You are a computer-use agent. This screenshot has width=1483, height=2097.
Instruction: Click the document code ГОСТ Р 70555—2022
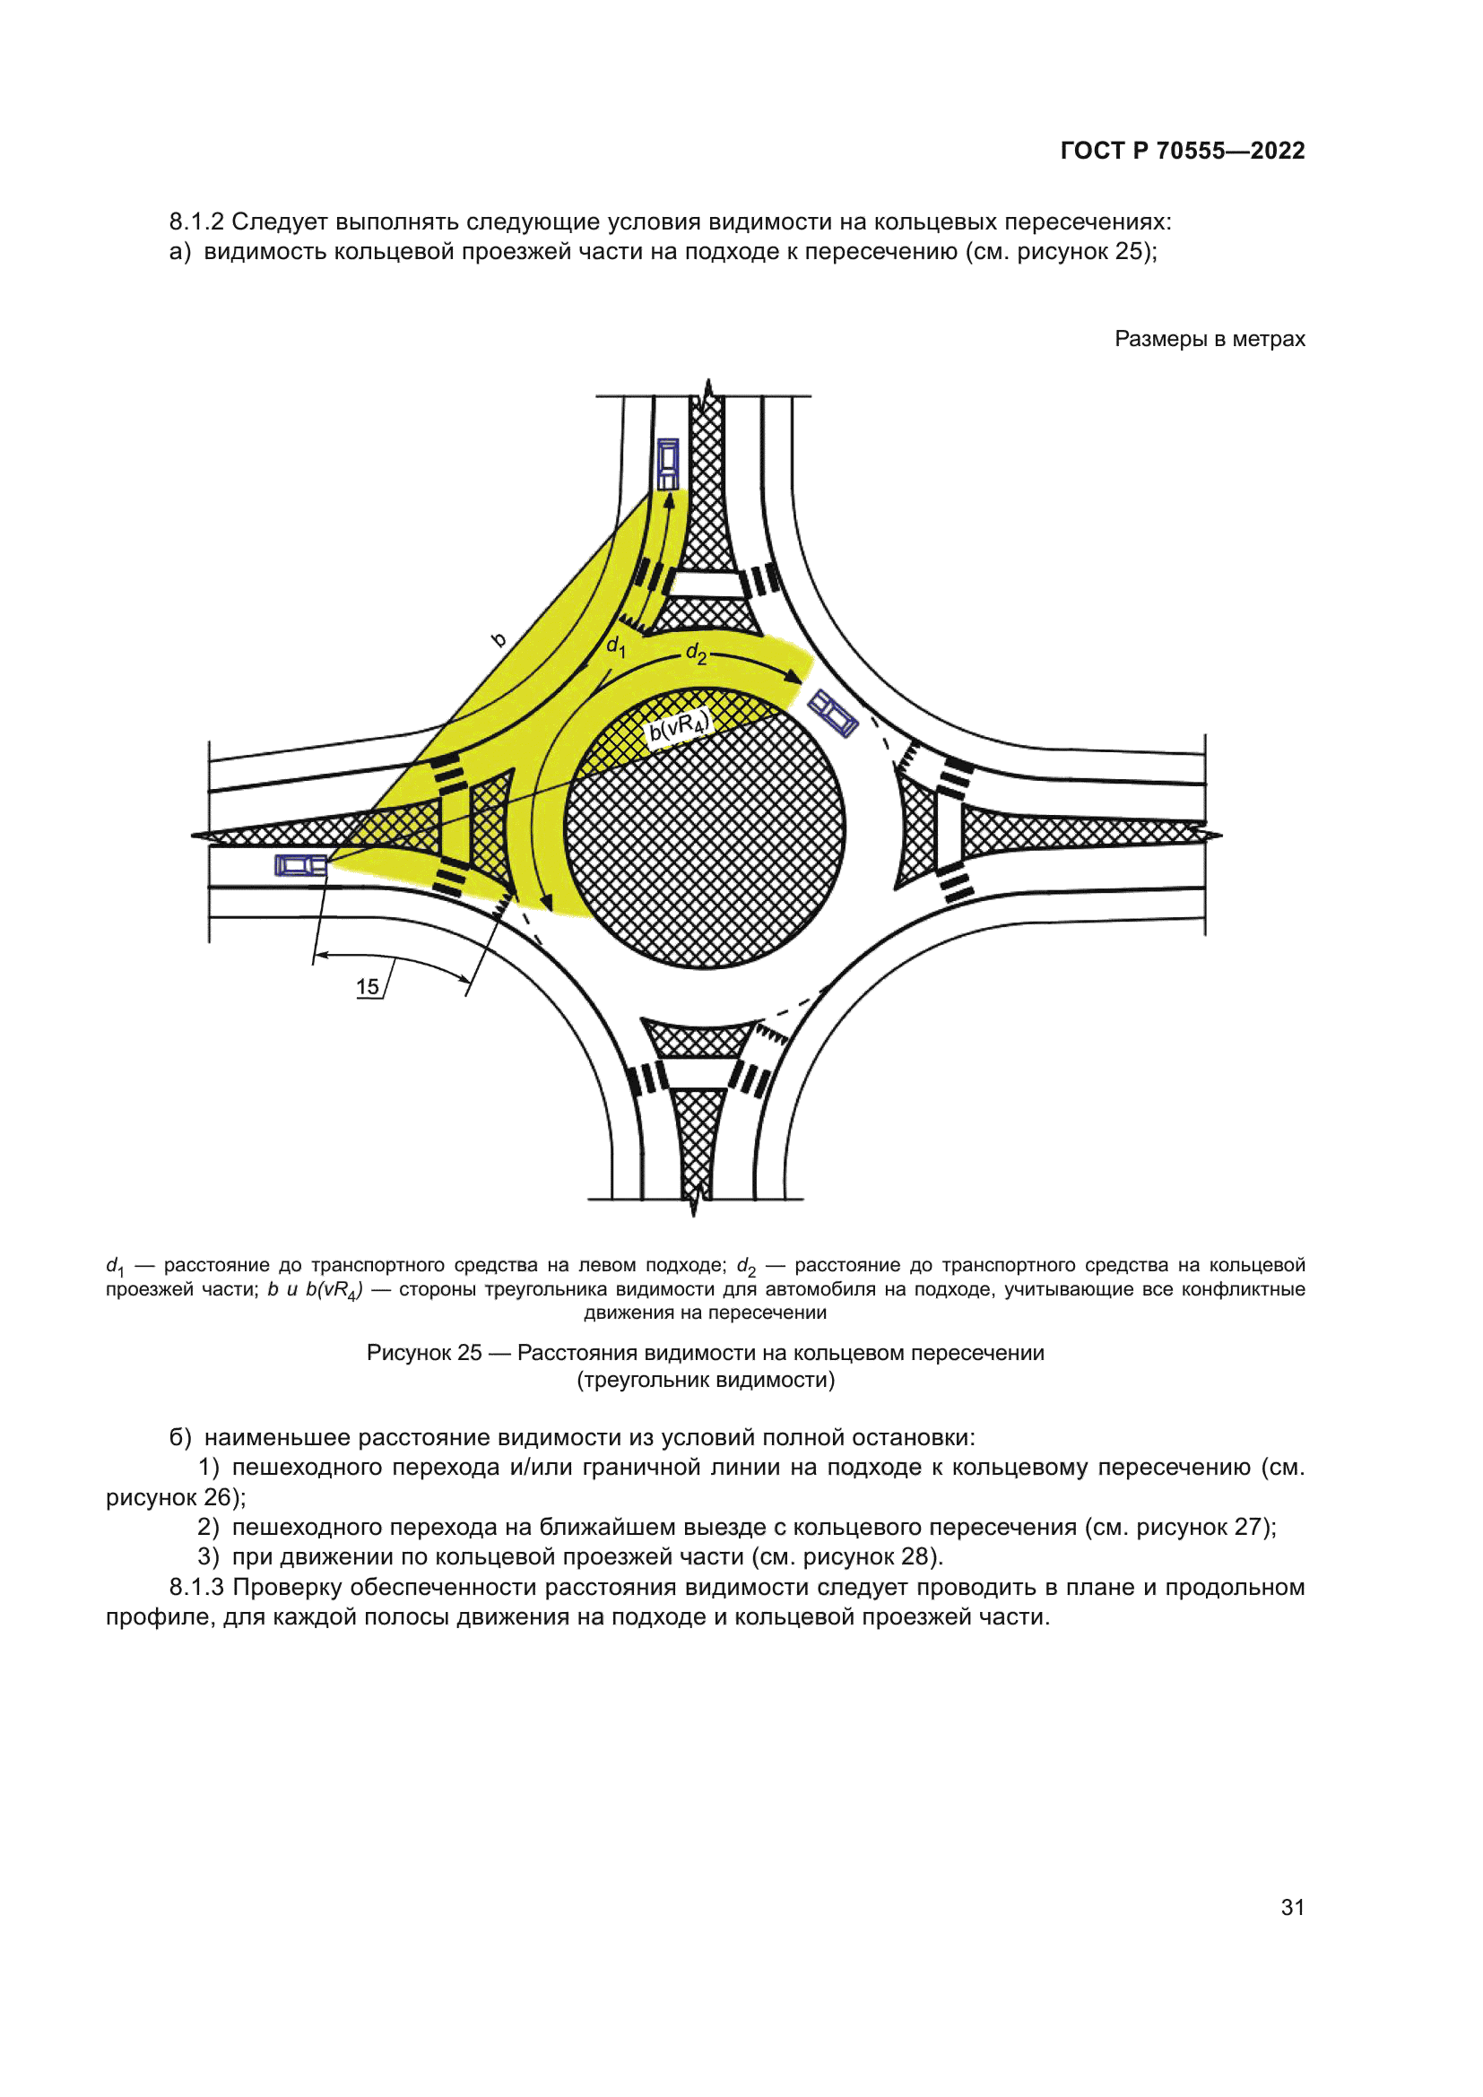pyautogui.click(x=1182, y=151)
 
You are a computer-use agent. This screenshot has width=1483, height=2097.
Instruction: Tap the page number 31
pyautogui.click(x=1292, y=1907)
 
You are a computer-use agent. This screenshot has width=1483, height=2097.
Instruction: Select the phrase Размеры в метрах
pyautogui.click(x=1209, y=339)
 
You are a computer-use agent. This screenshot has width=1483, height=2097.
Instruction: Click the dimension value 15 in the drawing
pyautogui.click(x=367, y=986)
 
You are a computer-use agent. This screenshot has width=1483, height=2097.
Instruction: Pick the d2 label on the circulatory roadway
pyautogui.click(x=696, y=653)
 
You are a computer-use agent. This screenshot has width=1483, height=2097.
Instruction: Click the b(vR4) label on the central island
pyautogui.click(x=678, y=728)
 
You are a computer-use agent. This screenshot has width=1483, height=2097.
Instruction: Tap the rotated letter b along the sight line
pyautogui.click(x=499, y=639)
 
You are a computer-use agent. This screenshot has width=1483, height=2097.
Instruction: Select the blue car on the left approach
pyautogui.click(x=300, y=865)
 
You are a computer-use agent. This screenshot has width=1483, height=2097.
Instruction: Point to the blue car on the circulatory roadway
pyautogui.click(x=833, y=714)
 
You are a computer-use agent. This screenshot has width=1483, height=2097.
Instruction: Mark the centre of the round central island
pyautogui.click(x=704, y=829)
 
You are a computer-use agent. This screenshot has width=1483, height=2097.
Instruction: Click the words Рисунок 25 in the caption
pyautogui.click(x=423, y=1353)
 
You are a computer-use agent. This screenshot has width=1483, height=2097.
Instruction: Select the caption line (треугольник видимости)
pyautogui.click(x=705, y=1379)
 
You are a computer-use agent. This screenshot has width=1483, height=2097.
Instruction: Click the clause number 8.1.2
pyautogui.click(x=196, y=222)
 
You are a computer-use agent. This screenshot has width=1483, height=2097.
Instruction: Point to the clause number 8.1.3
pyautogui.click(x=196, y=1587)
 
